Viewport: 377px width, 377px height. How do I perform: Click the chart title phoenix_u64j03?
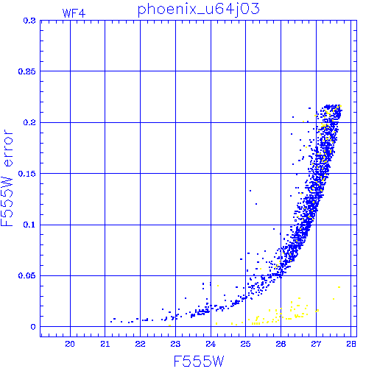[x=198, y=10]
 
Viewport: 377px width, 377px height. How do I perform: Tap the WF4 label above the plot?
[x=74, y=13]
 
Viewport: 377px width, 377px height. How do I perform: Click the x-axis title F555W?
[x=199, y=362]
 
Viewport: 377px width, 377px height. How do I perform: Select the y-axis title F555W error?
[x=7, y=178]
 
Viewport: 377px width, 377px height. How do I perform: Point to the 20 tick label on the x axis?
[x=70, y=344]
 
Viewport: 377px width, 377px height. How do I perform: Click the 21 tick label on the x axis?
[x=105, y=344]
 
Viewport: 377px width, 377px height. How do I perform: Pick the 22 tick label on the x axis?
[x=140, y=344]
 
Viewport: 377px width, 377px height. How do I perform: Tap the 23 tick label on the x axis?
[x=175, y=344]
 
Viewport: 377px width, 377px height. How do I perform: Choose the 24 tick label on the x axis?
[x=211, y=344]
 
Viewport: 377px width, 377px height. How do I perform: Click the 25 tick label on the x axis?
[x=245, y=344]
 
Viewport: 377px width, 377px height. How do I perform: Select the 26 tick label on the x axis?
[x=281, y=344]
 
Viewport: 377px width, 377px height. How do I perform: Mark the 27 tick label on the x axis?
[x=316, y=344]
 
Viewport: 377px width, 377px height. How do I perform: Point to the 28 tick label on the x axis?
[x=351, y=344]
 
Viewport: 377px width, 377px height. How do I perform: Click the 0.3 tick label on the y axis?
[x=29, y=21]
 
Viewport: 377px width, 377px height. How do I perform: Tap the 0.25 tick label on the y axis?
[x=27, y=71]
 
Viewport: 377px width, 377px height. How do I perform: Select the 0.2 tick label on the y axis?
[x=29, y=122]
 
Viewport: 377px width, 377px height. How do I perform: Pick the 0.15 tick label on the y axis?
[x=27, y=174]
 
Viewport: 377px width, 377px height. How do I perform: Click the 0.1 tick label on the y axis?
[x=29, y=225]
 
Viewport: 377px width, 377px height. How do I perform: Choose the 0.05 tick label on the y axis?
[x=27, y=275]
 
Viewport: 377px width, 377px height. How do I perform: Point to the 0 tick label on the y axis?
[x=33, y=327]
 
